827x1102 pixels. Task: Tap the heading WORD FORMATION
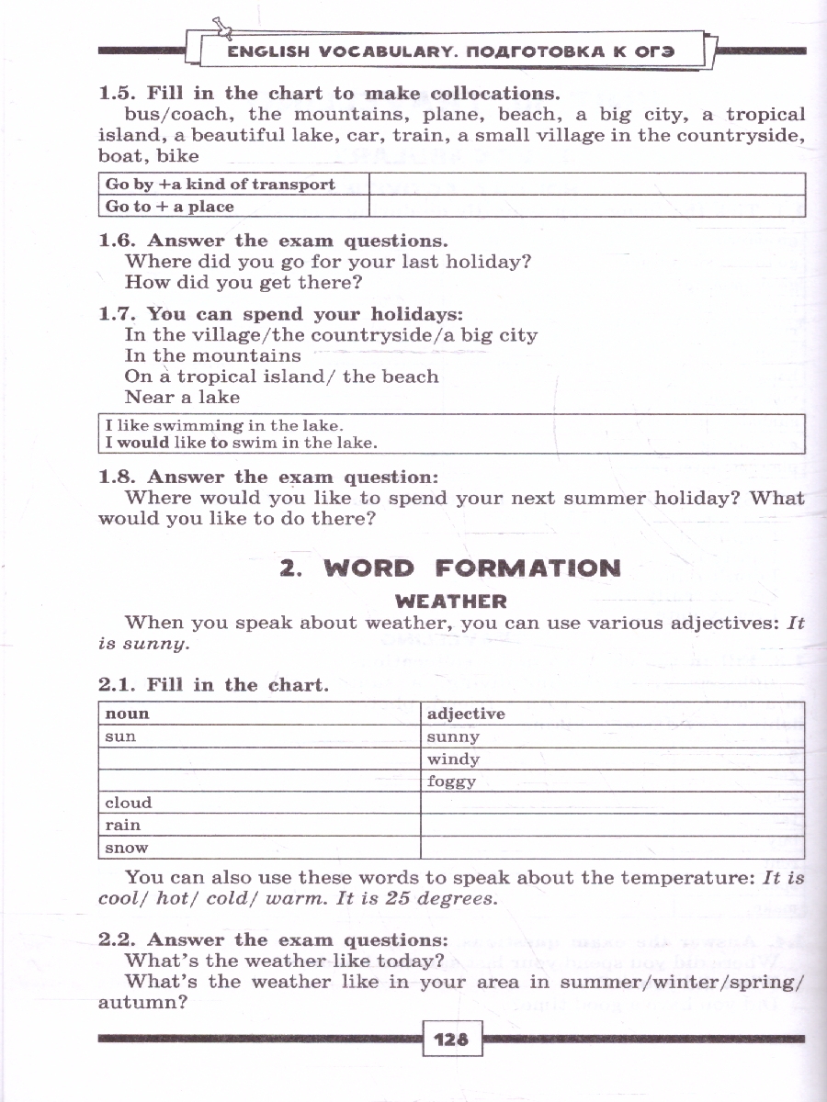450,568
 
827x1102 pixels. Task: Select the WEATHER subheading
450,602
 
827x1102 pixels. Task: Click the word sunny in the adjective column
454,737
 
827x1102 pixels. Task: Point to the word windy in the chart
454,759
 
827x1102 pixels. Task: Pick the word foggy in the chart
452,782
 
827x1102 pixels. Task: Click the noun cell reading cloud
129,803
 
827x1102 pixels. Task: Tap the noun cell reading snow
127,848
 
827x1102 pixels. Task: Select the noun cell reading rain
123,825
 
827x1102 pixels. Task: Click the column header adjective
467,714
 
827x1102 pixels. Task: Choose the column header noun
127,714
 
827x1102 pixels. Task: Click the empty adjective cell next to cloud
611,803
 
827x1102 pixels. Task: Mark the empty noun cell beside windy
259,759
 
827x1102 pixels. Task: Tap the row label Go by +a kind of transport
221,184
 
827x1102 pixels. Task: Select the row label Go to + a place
170,207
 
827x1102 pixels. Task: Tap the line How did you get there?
244,283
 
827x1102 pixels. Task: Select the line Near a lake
182,398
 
